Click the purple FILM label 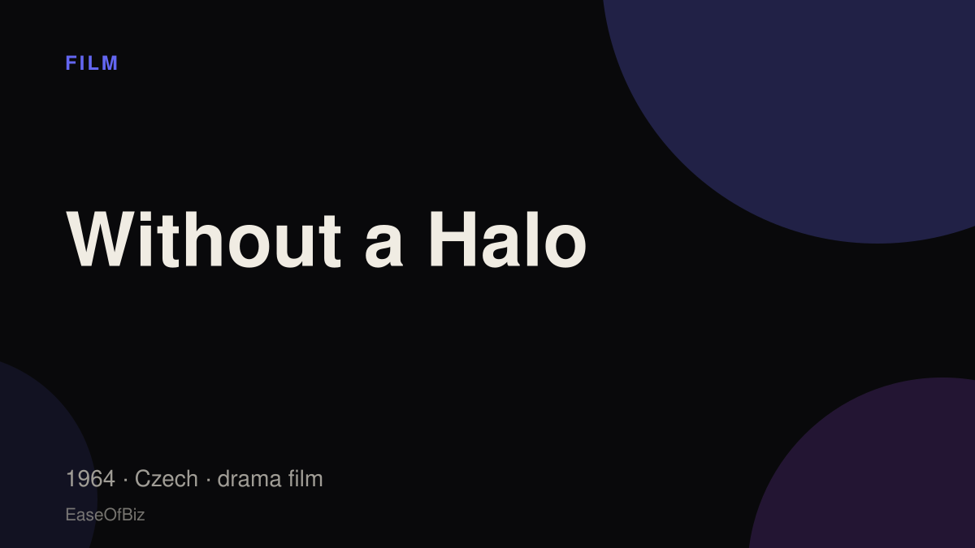[x=91, y=63]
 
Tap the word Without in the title [x=203, y=239]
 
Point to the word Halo [x=508, y=239]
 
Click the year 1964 [x=90, y=479]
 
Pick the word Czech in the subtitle [x=167, y=479]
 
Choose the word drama [x=249, y=479]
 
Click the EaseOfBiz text [x=105, y=515]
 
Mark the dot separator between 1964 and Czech [x=125, y=480]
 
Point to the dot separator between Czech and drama [x=208, y=480]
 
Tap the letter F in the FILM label [x=71, y=63]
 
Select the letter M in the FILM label [x=110, y=63]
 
